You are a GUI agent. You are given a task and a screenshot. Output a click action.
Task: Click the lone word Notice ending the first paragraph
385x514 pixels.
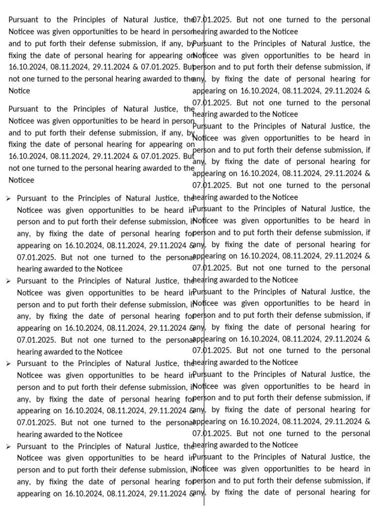(x=19, y=91)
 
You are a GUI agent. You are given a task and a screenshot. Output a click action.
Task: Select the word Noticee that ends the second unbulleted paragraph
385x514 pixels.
(x=21, y=180)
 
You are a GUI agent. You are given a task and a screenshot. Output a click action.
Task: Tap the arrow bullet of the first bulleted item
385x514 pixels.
(x=9, y=198)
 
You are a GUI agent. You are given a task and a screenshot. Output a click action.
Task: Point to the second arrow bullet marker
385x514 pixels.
(x=9, y=281)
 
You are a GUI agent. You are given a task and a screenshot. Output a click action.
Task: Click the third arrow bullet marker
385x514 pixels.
(x=9, y=363)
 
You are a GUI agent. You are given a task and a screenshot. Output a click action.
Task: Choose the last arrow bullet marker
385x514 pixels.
(x=9, y=446)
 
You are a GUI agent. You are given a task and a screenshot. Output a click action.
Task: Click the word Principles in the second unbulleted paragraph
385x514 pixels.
(x=91, y=109)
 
